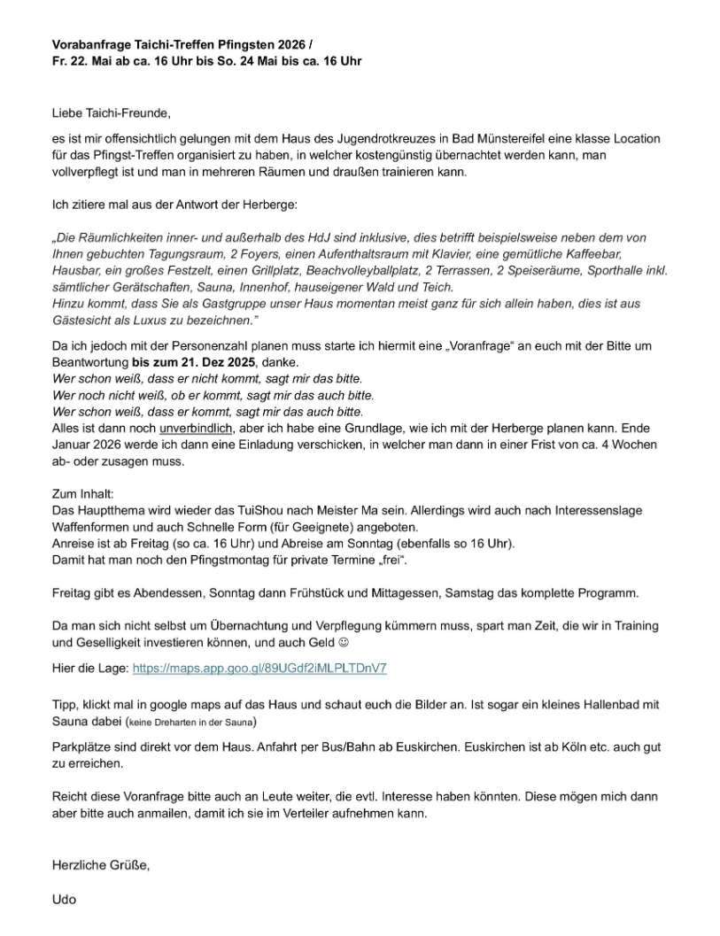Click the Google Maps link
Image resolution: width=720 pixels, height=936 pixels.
[259, 669]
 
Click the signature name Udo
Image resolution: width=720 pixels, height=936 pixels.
[64, 899]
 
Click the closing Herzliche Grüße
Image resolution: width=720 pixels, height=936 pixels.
[100, 866]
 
